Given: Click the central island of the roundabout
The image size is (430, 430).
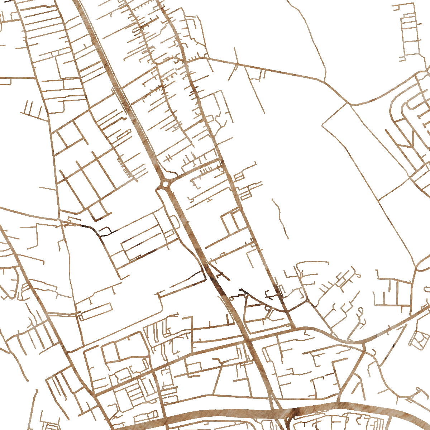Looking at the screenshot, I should click(166, 184).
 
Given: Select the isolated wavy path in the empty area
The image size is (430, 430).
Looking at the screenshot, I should click(281, 219).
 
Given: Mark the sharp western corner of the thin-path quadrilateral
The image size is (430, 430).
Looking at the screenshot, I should click(322, 125).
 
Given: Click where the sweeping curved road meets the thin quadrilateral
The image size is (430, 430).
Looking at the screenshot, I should click(349, 104).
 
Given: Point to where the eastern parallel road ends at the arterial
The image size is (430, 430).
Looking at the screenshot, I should click(294, 328).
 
